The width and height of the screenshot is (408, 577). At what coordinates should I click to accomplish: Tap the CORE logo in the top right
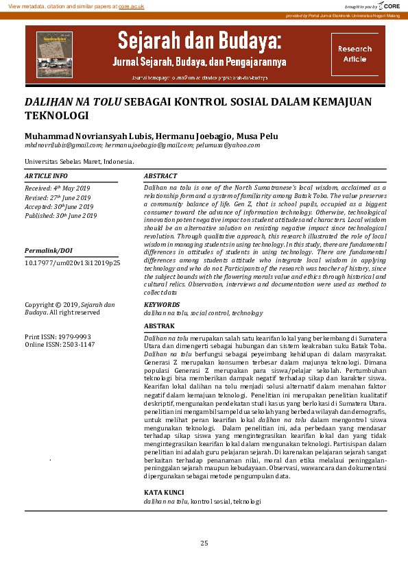[391, 5]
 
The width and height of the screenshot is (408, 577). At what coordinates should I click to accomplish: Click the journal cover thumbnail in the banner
[54, 54]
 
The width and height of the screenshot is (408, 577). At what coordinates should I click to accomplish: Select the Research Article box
[355, 54]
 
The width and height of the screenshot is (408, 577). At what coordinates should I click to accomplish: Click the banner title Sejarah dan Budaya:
[200, 41]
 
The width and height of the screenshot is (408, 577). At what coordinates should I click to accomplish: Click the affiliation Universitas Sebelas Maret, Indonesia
[79, 162]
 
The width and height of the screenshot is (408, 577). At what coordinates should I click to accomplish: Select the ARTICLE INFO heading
[45, 177]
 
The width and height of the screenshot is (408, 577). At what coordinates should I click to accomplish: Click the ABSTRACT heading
[160, 177]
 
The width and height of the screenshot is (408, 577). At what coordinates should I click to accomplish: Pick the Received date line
[58, 188]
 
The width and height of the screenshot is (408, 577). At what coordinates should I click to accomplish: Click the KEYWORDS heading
[162, 304]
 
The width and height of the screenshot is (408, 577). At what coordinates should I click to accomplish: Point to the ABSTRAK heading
[160, 326]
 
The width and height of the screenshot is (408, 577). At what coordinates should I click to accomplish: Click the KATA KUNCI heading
[163, 493]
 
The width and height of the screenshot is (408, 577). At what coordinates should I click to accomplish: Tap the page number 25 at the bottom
[204, 543]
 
